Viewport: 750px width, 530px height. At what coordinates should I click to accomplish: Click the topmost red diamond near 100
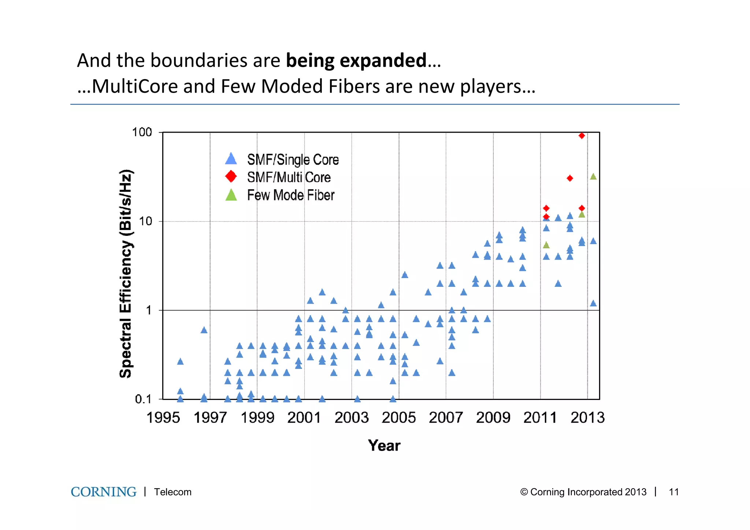click(582, 136)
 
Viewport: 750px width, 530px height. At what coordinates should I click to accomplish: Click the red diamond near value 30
click(570, 178)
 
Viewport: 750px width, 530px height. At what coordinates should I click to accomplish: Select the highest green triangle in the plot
click(593, 177)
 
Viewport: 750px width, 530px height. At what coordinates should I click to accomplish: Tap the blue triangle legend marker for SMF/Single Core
click(231, 159)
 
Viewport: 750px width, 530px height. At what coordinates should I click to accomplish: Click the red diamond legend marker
click(231, 177)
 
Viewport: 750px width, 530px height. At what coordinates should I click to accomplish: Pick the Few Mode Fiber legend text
click(290, 195)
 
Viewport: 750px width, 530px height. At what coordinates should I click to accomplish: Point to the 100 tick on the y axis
click(142, 132)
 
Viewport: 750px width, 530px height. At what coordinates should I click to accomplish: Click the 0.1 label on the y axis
click(143, 399)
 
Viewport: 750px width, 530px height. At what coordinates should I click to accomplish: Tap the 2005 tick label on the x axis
click(398, 418)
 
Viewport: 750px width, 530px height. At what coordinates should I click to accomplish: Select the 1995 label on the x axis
click(163, 418)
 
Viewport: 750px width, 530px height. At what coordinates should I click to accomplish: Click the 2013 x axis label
click(587, 418)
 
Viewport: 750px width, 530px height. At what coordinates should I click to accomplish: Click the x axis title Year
click(384, 446)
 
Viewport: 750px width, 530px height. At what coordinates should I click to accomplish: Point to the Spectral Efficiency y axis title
click(126, 274)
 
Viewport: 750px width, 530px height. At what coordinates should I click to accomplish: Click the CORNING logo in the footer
click(103, 492)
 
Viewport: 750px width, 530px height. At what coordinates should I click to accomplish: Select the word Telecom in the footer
click(172, 492)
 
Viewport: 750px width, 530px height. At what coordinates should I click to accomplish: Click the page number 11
click(673, 492)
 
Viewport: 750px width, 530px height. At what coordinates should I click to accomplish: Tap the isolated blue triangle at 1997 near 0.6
click(204, 330)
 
